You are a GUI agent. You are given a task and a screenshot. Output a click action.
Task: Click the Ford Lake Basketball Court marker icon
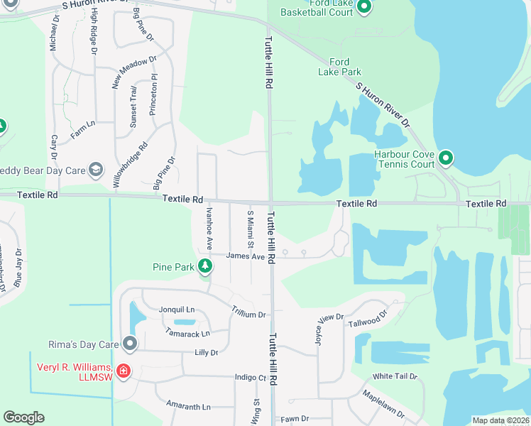coord(364,8)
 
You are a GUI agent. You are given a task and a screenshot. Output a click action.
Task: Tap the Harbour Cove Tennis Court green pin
coord(446,157)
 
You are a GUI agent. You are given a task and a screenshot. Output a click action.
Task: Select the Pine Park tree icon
coord(205,266)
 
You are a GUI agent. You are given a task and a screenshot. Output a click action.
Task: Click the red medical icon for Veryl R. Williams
coord(123,371)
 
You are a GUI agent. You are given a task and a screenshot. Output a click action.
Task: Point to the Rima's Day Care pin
coord(129,344)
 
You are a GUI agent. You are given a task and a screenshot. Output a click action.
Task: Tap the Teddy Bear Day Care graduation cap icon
coord(95,170)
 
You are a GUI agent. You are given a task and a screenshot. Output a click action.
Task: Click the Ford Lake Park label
coord(341,66)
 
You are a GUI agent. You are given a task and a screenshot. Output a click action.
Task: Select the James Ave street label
coord(245,256)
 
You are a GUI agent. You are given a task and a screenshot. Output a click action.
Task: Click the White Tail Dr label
coord(395,376)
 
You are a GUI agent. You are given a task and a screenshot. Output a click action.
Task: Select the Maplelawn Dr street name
coord(383,403)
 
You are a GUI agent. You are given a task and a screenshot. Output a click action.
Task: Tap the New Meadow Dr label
coord(134,72)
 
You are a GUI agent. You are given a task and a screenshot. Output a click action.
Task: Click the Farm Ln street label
coord(82,129)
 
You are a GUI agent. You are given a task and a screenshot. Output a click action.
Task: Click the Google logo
coord(23,417)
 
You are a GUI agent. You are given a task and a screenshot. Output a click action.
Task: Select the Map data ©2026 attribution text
coord(500,420)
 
